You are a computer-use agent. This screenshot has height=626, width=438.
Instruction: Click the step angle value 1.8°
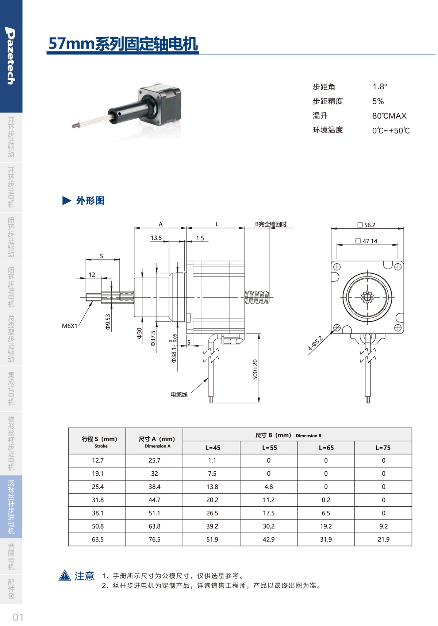[x=380, y=86]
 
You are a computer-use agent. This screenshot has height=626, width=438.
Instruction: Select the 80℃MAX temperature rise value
[x=389, y=116]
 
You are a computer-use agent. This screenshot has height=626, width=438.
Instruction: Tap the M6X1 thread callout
[x=70, y=326]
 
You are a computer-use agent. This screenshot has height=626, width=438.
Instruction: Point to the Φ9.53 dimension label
[x=108, y=322]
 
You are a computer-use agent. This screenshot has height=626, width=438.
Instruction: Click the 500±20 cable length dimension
[x=255, y=370]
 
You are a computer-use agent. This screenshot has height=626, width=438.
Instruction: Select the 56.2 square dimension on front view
[x=366, y=225]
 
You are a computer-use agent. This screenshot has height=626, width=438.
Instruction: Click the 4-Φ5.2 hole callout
[x=315, y=343]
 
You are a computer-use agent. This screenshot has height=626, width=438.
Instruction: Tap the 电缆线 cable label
[x=179, y=394]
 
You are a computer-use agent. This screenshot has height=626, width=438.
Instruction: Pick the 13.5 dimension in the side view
[x=156, y=238]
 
